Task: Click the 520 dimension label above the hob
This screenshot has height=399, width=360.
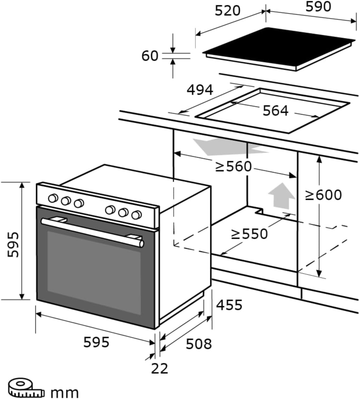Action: coord(228,11)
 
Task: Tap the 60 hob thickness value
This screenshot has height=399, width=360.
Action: coord(150,56)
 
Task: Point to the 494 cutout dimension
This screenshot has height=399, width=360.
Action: coord(200,90)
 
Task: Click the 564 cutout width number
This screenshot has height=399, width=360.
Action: coord(275,111)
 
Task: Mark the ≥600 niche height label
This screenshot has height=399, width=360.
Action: coord(324,195)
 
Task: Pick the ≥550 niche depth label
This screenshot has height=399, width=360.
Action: coord(249,234)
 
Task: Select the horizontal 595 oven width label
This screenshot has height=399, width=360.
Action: coord(96,342)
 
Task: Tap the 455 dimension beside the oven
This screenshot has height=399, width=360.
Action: coord(229,305)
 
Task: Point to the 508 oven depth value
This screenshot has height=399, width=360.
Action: coord(198,343)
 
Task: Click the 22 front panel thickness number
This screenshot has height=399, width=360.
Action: coord(160,369)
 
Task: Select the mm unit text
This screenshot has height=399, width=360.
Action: coord(64,392)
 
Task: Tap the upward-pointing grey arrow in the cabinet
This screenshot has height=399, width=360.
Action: coord(281,196)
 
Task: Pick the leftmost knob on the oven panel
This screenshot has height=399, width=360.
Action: coord(53,198)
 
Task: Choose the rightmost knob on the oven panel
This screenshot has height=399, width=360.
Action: coord(136,215)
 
